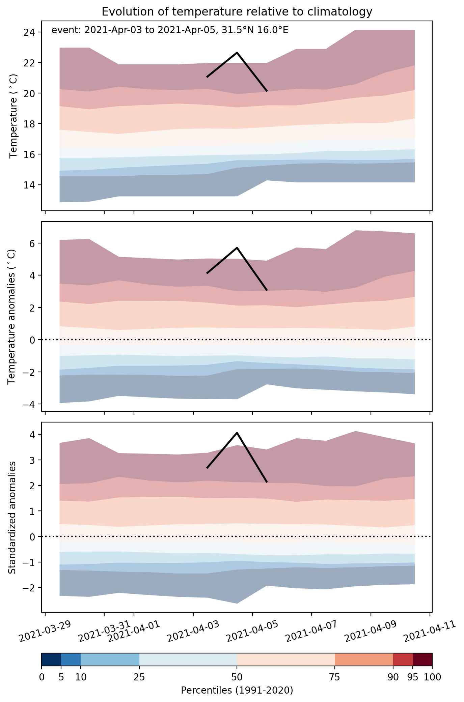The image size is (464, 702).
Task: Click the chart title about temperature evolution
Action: (x=237, y=12)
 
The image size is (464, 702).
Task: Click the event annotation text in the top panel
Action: (x=170, y=31)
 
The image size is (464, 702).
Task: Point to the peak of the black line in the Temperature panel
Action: (x=237, y=52)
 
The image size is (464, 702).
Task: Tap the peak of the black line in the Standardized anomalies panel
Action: (x=237, y=433)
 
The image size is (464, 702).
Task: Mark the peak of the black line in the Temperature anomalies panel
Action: (x=237, y=248)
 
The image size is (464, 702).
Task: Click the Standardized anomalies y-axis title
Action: (x=12, y=517)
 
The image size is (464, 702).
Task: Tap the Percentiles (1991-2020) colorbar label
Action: (x=237, y=690)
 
